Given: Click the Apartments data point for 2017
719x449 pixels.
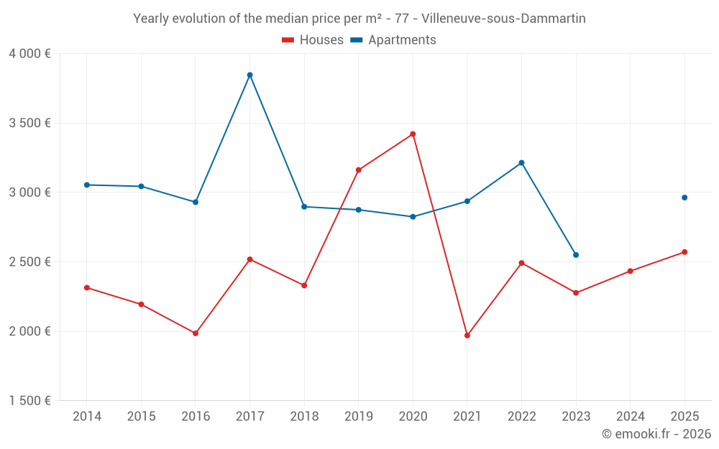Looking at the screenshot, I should pos(249,75).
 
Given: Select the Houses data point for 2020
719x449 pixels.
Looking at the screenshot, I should pos(413,134).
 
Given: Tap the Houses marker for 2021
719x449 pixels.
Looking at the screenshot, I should pos(467,335).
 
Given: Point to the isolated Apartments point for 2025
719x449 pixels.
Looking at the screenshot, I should pos(684,198).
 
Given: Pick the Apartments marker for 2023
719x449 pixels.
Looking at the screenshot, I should pos(576,255).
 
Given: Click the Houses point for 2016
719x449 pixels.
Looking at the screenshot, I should pos(196,333).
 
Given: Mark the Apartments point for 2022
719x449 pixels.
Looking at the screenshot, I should pos(521,162).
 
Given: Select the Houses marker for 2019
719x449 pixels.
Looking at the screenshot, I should pos(358,170).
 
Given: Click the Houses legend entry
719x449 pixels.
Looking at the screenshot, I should pos(313,40).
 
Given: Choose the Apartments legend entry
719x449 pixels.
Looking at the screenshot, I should pos(393,40).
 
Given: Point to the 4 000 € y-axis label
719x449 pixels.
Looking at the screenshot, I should pos(29,54).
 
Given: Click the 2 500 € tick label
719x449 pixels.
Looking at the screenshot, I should pos(29,262).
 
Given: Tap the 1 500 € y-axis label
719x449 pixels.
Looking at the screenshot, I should pos(29,401).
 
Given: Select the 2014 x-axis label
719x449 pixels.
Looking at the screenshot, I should pos(87,417).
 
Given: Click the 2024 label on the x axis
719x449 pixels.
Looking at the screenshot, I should pos(630,417).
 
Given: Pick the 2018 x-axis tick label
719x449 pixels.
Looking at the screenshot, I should pos(304,417).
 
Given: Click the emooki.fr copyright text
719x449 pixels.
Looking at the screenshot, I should pos(656,434).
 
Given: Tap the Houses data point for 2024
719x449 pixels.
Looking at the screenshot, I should pos(630,271).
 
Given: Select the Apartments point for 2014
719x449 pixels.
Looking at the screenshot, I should pos(87,185).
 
